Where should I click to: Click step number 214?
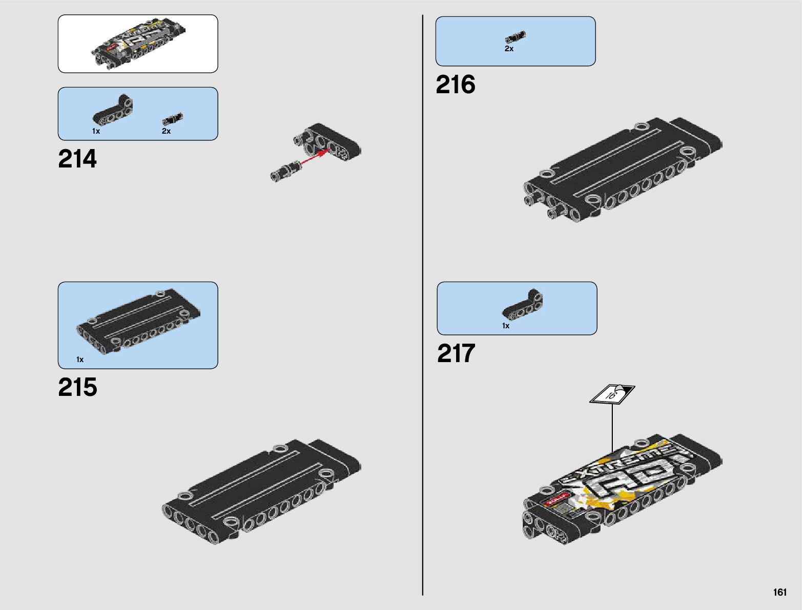[x=77, y=159]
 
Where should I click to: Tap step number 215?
[x=77, y=388]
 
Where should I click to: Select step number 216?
[x=456, y=85]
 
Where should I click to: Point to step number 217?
[x=456, y=354]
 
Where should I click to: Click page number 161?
[x=779, y=593]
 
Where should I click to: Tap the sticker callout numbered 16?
[x=612, y=394]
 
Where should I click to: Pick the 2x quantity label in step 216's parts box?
[x=509, y=49]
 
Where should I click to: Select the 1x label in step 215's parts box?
[x=80, y=360]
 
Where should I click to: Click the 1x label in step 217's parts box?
[x=506, y=326]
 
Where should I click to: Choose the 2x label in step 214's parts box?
[x=166, y=131]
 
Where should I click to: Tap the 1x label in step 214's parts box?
[x=96, y=131]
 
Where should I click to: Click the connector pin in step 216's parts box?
[x=515, y=37]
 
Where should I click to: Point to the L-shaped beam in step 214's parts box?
[x=113, y=110]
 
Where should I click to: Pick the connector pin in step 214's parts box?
[x=173, y=119]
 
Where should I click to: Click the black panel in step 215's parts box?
[x=138, y=323]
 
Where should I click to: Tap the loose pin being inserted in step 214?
[x=284, y=171]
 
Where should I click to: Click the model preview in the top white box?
[x=138, y=44]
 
